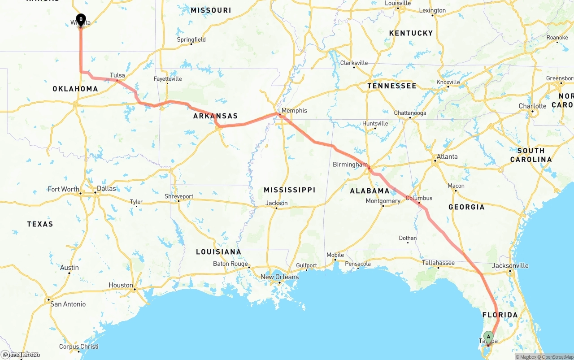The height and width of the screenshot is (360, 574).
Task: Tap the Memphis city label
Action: [x=294, y=110]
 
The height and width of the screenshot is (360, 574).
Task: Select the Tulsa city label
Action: [x=117, y=75]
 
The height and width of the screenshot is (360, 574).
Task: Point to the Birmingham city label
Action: [x=350, y=165]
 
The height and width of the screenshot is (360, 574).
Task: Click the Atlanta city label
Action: [x=447, y=156]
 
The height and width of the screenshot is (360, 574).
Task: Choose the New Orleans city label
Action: [x=279, y=277]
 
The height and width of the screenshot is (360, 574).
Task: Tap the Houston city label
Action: [x=121, y=285]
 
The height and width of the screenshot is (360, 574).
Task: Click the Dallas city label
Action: [x=106, y=188]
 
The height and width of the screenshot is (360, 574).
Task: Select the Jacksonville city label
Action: [x=510, y=265]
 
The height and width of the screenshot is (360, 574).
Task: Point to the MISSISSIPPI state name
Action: [x=289, y=190]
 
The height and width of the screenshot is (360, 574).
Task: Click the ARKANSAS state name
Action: [x=215, y=116]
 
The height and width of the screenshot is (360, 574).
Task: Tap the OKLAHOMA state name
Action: [x=75, y=89]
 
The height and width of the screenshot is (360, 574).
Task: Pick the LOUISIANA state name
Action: [x=218, y=252]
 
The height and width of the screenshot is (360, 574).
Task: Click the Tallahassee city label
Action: [x=438, y=263]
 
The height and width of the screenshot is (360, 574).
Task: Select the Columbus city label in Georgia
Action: [x=419, y=198]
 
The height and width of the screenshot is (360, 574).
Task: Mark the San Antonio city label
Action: [x=68, y=304]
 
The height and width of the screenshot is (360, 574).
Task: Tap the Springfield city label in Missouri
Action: [x=191, y=39]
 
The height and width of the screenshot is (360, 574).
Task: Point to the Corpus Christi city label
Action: [x=78, y=347]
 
